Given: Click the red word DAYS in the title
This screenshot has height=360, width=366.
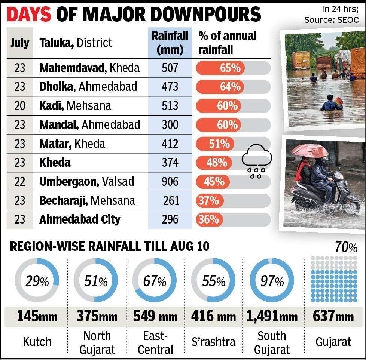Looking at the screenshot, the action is (29, 14).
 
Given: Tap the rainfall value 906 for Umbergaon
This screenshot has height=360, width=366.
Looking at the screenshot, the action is (170, 182).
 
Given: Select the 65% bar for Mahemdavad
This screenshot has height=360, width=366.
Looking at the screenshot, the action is (220, 68).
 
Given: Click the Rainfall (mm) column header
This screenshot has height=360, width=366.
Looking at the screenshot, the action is (170, 43).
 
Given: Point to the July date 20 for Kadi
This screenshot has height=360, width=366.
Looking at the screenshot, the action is (20, 106).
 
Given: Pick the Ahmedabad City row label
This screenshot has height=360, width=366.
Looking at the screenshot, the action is (80, 219).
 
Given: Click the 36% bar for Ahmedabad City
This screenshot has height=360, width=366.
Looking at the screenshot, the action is (209, 219).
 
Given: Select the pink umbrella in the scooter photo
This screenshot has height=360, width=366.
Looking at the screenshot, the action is (310, 150).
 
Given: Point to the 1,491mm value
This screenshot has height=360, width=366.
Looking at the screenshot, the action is (272, 317).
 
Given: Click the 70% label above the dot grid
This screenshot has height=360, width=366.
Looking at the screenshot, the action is (346, 247).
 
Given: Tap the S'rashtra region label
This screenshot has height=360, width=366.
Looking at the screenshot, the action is (214, 342).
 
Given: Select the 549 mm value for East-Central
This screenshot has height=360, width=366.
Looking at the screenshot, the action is (155, 317).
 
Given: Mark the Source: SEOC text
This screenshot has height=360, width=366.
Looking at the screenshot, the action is (332, 20).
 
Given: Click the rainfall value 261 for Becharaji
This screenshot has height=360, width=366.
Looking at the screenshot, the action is (171, 200).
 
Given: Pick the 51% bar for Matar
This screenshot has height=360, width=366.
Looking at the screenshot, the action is (215, 144).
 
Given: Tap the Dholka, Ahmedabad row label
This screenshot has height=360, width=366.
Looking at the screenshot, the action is (88, 87).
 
